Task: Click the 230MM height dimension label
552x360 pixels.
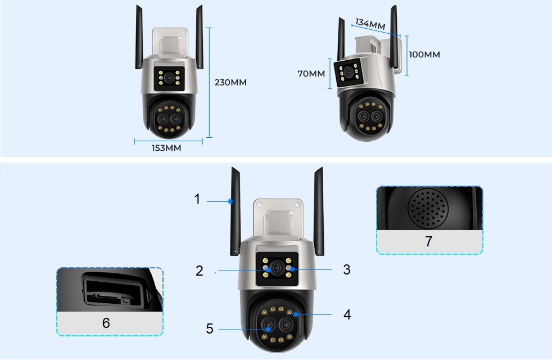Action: pyautogui.click(x=230, y=82)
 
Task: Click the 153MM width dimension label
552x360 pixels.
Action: pyautogui.click(x=168, y=148)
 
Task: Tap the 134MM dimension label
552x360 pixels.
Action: pyautogui.click(x=370, y=24)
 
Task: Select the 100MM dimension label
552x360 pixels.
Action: pyautogui.click(x=424, y=55)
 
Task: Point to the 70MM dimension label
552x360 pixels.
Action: pyautogui.click(x=311, y=74)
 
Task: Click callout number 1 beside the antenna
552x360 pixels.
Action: pyautogui.click(x=197, y=199)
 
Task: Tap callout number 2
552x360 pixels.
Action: pyautogui.click(x=199, y=271)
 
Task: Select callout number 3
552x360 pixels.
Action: pyautogui.click(x=346, y=270)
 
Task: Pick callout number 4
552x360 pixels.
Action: pyautogui.click(x=347, y=314)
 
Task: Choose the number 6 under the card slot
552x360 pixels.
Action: pyautogui.click(x=106, y=323)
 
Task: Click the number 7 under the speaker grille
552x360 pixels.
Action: pyautogui.click(x=428, y=242)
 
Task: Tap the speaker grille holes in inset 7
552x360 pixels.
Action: pyautogui.click(x=428, y=209)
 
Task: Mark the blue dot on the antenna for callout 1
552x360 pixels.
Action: pyautogui.click(x=230, y=201)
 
